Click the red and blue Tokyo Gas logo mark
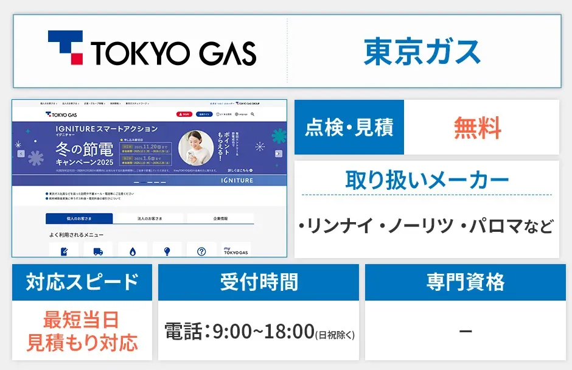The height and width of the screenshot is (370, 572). [x=65, y=48]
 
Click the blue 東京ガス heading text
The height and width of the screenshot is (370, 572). [x=422, y=51]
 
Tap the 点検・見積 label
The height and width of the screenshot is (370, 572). [x=349, y=127]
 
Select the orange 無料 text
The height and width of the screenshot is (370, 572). [x=478, y=128]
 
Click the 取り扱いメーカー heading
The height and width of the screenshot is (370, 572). [x=427, y=180]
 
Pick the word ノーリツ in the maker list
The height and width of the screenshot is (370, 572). [x=420, y=227]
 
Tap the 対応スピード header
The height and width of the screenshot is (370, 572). [x=82, y=282]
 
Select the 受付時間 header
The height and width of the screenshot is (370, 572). [x=259, y=282]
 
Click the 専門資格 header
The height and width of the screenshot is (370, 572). [x=466, y=282]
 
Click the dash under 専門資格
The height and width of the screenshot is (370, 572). [x=465, y=332]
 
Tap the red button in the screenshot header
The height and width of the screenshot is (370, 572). [x=184, y=114]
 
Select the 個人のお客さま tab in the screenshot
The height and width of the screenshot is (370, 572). [x=79, y=218]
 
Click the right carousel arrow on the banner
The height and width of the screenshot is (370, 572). [x=278, y=153]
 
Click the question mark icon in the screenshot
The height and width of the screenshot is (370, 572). [x=201, y=251]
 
